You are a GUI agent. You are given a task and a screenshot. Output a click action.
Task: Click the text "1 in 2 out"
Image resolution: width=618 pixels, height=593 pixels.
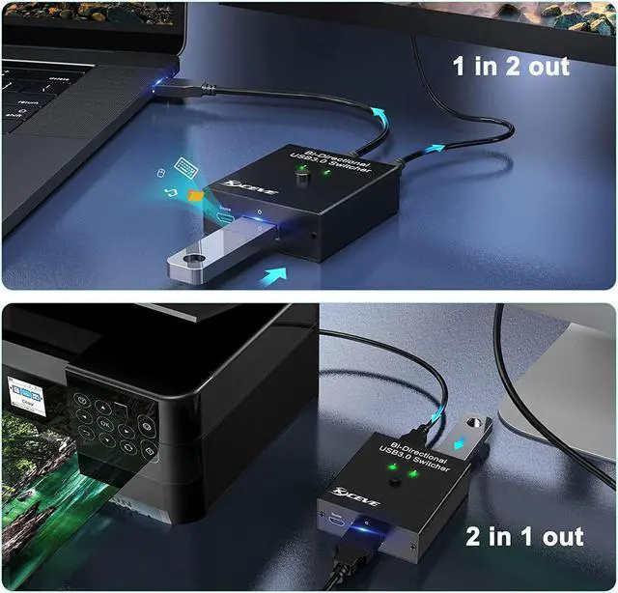[x=511, y=66]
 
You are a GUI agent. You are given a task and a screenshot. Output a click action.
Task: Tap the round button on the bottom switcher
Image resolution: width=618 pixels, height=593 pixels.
[x=395, y=480]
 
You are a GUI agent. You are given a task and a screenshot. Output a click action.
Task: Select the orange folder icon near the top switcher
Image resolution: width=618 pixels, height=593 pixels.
[x=196, y=196]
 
